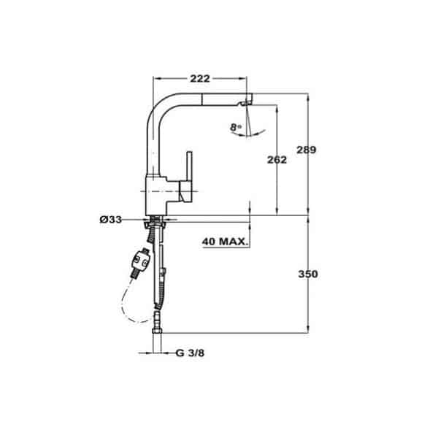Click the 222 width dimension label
200,79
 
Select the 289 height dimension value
306,150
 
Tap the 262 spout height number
277,160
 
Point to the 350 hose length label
308,274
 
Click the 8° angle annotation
236,127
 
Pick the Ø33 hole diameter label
111,220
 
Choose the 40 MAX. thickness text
225,242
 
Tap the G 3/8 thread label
190,353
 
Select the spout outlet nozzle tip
245,103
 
